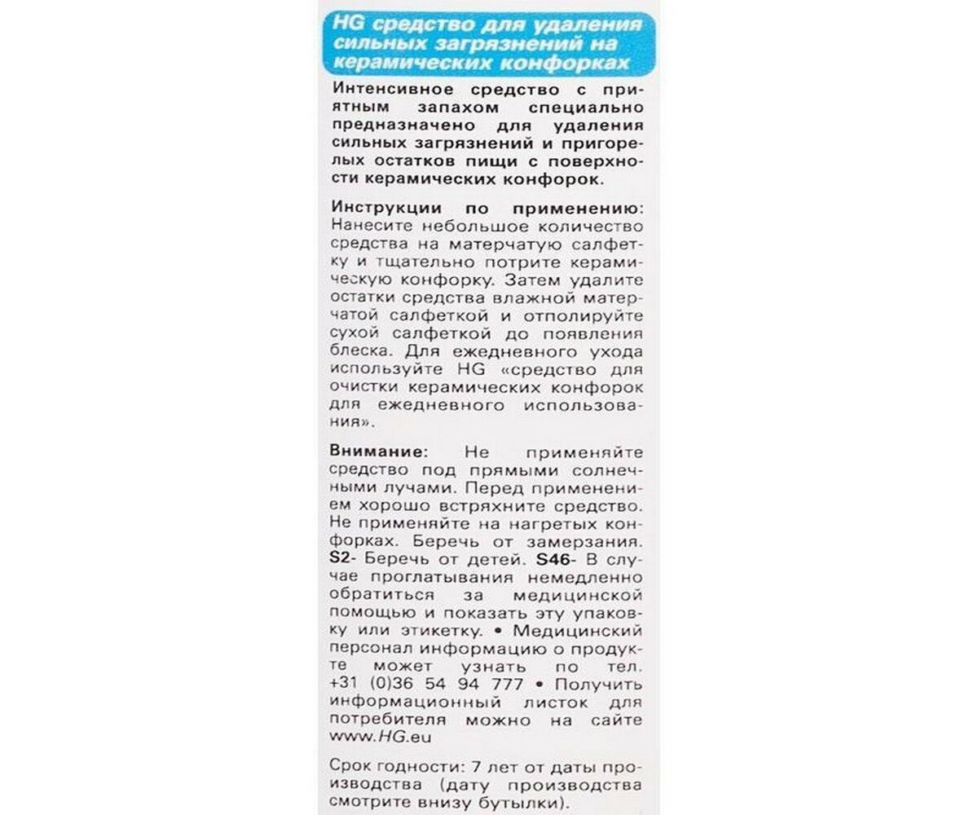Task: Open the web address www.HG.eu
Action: click(381, 738)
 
